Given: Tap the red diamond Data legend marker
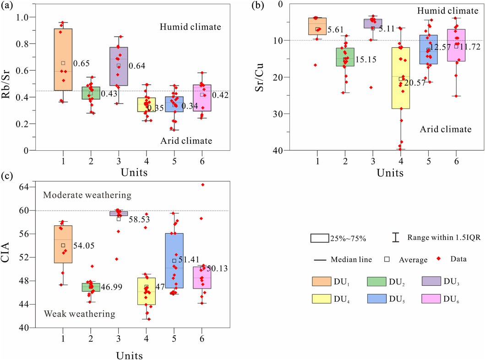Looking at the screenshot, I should click(439, 259).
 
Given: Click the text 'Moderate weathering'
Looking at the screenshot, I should click(87, 196).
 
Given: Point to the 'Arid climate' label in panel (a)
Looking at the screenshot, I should click(186, 141).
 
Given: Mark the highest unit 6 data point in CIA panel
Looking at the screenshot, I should click(202, 185).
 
